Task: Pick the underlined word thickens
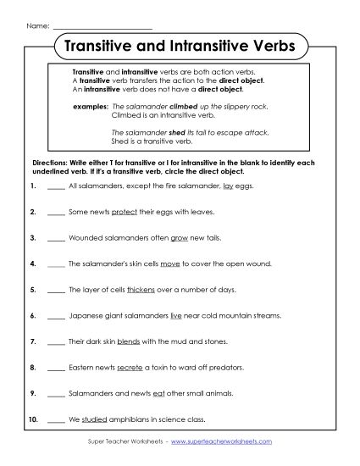click(x=141, y=290)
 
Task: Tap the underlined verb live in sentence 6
click(x=175, y=316)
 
